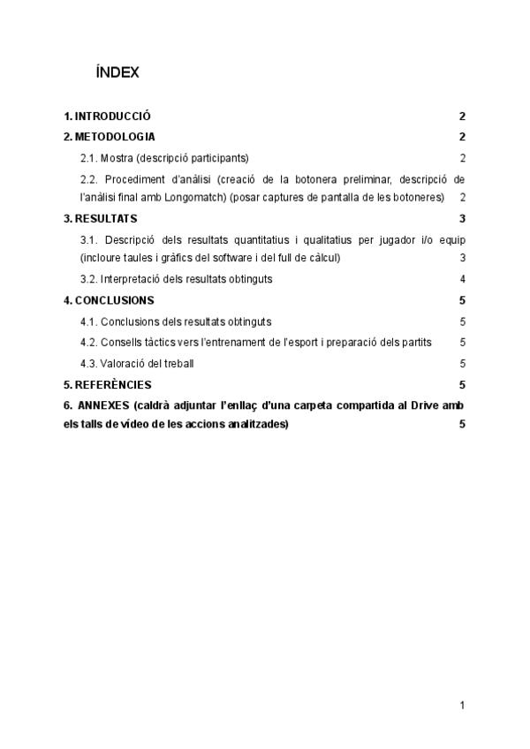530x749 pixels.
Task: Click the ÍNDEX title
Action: pyautogui.click(x=117, y=73)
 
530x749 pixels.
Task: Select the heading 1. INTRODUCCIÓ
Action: pyautogui.click(x=107, y=117)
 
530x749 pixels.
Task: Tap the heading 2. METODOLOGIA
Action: pyautogui.click(x=110, y=137)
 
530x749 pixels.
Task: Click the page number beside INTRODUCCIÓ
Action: pyautogui.click(x=462, y=117)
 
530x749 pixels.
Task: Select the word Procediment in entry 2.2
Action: pyautogui.click(x=134, y=179)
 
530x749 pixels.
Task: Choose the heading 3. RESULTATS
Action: pyautogui.click(x=101, y=218)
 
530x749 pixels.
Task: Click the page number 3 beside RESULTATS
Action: pyautogui.click(x=462, y=218)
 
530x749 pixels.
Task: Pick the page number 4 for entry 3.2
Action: pyautogui.click(x=462, y=279)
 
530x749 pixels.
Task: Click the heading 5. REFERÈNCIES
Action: pyautogui.click(x=108, y=385)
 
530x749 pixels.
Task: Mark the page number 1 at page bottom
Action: pyautogui.click(x=462, y=705)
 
